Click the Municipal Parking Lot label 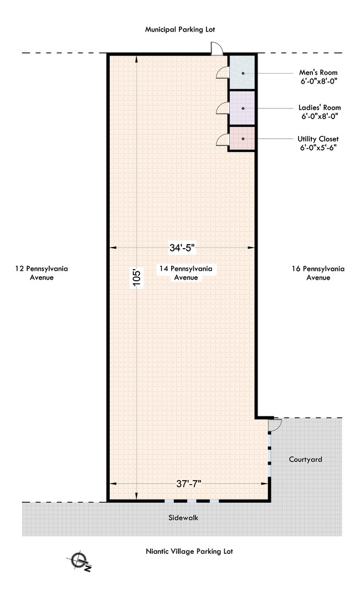180,29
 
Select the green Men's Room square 242,73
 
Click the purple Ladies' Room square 242,108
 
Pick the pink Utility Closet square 242,138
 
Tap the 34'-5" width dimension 183,248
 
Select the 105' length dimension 137,277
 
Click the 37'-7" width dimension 189,483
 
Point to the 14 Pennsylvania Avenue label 186,273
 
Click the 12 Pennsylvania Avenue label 42,273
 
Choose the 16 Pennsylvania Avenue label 318,273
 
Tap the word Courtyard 306,460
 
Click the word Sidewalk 183,518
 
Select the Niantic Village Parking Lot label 189,551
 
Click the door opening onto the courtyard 275,425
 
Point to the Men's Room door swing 223,73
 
